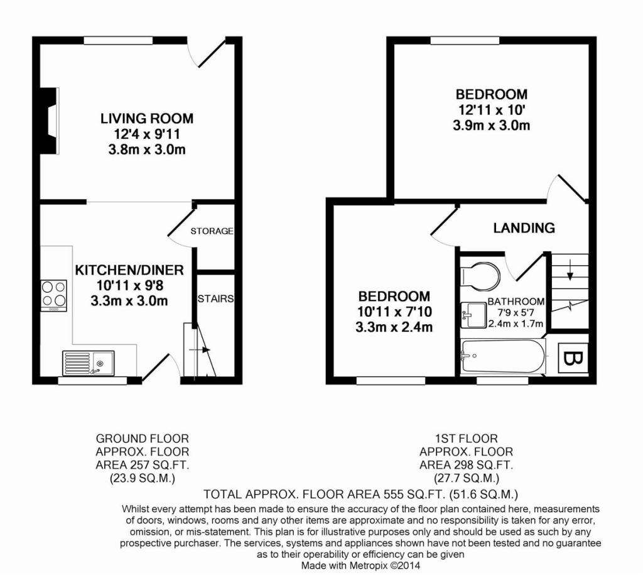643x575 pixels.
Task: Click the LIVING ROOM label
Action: coord(147,119)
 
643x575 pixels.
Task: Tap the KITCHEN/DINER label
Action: coord(129,270)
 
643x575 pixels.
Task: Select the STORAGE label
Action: coord(212,231)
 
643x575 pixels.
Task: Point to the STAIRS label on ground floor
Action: coord(216,298)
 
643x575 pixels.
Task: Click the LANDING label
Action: coord(524,227)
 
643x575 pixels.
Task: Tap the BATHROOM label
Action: coord(516,302)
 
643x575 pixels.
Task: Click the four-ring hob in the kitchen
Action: coord(54,295)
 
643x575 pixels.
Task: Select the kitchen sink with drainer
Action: coord(88,363)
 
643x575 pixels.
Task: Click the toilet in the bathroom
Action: coord(480,275)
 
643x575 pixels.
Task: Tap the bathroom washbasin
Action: coord(473,315)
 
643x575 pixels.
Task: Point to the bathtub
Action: coord(503,356)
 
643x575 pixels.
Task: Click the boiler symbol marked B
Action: coord(573,359)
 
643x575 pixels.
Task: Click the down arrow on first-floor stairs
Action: coord(570,270)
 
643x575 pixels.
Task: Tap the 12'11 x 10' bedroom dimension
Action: coord(492,110)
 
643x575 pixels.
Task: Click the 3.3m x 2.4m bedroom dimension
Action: coord(394,327)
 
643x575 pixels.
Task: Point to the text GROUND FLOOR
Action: coord(143,439)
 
